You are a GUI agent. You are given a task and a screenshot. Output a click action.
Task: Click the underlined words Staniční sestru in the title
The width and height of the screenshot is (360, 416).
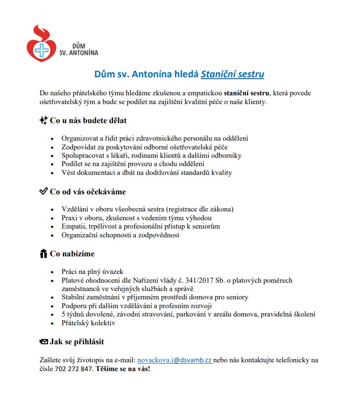(x=232, y=74)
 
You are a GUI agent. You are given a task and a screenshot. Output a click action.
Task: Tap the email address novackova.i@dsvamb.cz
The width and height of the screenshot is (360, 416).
(x=175, y=360)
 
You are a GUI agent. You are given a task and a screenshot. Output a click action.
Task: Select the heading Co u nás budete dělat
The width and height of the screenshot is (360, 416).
(x=88, y=120)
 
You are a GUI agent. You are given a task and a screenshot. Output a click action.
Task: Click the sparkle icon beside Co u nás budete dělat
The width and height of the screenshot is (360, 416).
(x=43, y=120)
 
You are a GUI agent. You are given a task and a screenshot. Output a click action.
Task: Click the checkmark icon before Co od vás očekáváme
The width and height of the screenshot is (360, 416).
(x=43, y=191)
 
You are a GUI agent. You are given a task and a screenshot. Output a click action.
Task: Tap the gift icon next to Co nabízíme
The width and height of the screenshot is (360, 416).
(x=43, y=254)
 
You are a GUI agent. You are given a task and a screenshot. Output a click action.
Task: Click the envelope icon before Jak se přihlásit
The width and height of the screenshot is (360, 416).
(x=43, y=342)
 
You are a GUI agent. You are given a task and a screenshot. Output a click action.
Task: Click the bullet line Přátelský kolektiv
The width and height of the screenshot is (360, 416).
(x=88, y=323)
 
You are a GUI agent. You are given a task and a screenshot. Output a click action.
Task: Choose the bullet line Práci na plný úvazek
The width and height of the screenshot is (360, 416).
(x=93, y=272)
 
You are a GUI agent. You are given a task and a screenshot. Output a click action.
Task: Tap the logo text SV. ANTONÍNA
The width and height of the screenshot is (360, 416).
(x=79, y=53)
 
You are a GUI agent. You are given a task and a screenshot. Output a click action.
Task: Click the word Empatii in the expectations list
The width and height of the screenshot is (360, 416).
(x=74, y=226)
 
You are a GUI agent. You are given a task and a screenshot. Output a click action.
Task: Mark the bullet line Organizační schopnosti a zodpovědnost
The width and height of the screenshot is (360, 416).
(x=120, y=235)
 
